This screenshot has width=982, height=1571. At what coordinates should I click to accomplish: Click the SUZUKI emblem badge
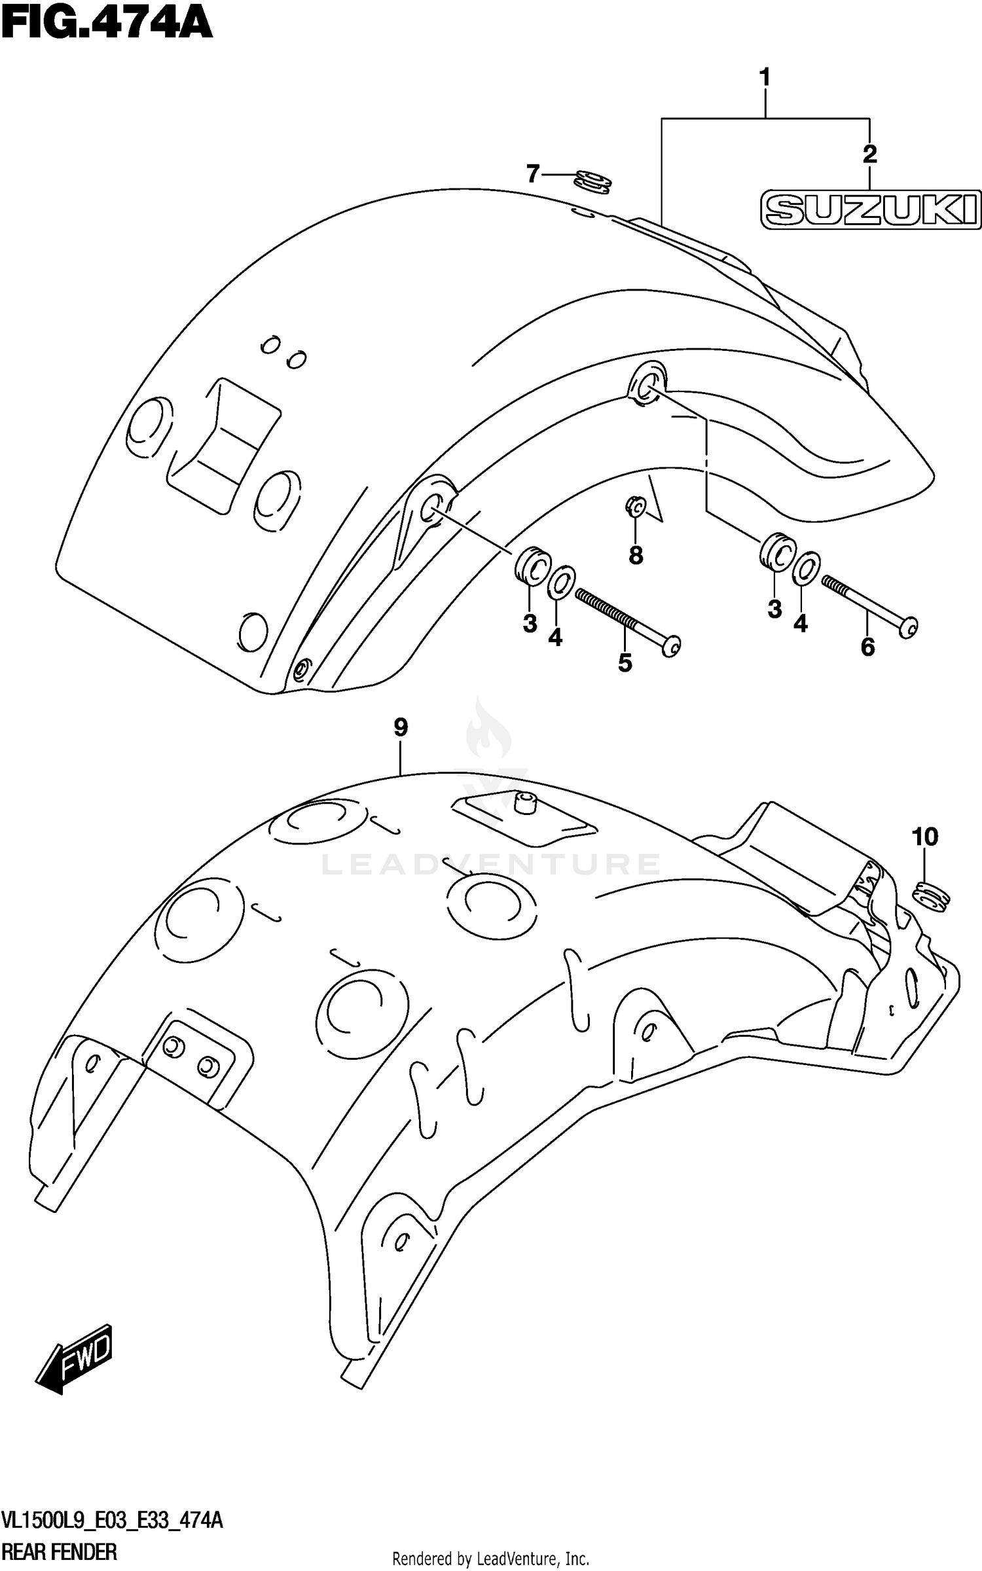pyautogui.click(x=871, y=210)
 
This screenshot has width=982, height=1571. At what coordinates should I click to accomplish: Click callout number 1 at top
pyautogui.click(x=764, y=78)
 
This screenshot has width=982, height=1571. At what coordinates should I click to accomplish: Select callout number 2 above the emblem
pyautogui.click(x=869, y=154)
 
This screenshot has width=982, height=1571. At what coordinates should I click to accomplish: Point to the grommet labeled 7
pyautogui.click(x=593, y=181)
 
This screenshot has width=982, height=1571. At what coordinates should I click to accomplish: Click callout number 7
pyautogui.click(x=533, y=174)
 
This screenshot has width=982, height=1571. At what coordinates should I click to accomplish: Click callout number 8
pyautogui.click(x=636, y=556)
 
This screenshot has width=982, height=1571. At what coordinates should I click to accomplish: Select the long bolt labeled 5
pyautogui.click(x=627, y=619)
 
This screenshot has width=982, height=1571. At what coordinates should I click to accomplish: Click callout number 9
pyautogui.click(x=401, y=727)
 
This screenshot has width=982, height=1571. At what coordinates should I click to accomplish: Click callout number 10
pyautogui.click(x=924, y=837)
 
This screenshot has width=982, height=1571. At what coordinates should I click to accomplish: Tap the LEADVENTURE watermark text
pyautogui.click(x=490, y=864)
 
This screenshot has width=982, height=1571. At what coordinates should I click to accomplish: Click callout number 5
pyautogui.click(x=625, y=663)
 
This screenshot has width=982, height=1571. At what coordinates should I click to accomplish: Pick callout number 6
pyautogui.click(x=867, y=647)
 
